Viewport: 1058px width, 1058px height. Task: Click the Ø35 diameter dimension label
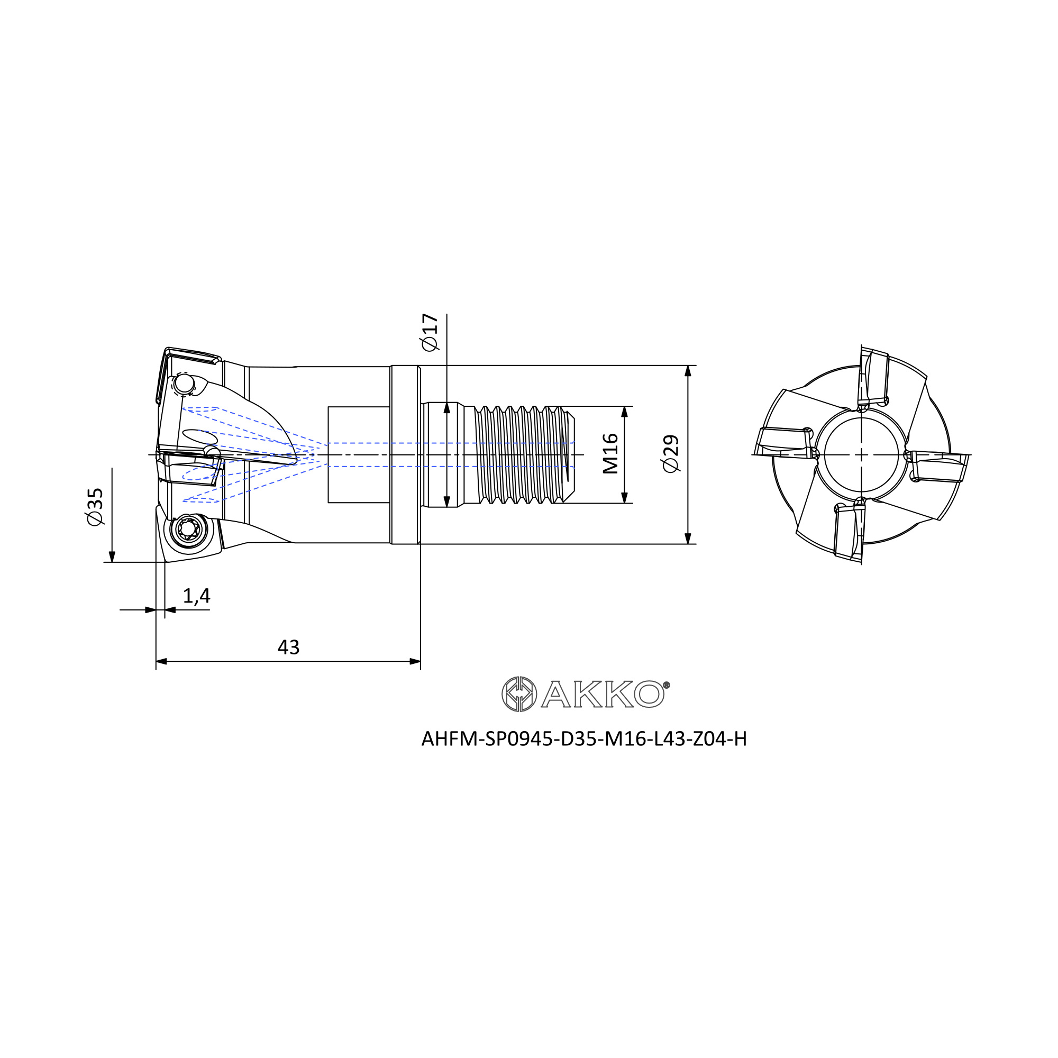click(95, 507)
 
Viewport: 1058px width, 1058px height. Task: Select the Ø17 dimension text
click(430, 332)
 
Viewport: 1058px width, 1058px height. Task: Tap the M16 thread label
click(610, 454)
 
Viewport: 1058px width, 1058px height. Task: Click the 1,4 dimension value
click(196, 596)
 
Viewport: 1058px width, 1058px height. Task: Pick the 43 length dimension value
click(289, 647)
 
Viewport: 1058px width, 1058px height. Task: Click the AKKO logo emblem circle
click(519, 695)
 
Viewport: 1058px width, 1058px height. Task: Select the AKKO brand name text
click(603, 695)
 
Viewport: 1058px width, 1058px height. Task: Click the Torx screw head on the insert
click(187, 528)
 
